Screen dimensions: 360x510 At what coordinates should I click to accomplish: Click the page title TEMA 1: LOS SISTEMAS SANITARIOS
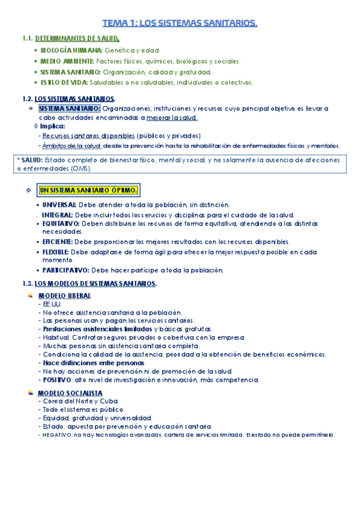pyautogui.click(x=180, y=23)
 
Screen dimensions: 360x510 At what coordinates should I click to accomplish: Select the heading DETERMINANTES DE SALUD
pyautogui.click(x=81, y=39)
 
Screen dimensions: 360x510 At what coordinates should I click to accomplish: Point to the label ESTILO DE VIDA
pyautogui.click(x=65, y=82)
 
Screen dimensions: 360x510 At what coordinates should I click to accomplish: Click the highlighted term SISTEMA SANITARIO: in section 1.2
pyautogui.click(x=70, y=108)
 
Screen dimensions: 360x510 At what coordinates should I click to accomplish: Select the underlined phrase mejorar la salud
pyautogui.click(x=172, y=118)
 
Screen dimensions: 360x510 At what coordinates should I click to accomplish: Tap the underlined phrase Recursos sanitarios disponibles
pyautogui.click(x=88, y=136)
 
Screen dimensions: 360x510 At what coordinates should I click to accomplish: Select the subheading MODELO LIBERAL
pyautogui.click(x=65, y=296)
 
